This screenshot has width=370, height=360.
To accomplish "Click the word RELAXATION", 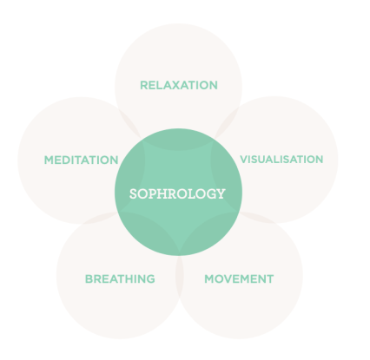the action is (x=179, y=85).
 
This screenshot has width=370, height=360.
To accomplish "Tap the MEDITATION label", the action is (x=81, y=160).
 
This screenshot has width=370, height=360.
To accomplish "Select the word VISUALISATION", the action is (x=281, y=160).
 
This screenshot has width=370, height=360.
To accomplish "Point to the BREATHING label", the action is (x=120, y=279).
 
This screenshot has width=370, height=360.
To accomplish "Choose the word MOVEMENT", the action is (x=239, y=279).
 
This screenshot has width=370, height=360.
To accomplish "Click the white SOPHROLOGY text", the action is (x=177, y=193).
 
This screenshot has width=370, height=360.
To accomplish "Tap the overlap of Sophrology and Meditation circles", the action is (x=130, y=180).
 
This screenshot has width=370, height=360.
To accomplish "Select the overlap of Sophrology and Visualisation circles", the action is (x=226, y=180).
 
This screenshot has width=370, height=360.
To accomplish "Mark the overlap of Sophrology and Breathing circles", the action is (x=150, y=232).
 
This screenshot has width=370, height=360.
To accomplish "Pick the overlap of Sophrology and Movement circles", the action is (x=207, y=232).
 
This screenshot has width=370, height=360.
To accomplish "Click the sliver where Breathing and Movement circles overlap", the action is (x=180, y=278).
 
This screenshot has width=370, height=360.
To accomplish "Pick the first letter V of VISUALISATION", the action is (x=244, y=160).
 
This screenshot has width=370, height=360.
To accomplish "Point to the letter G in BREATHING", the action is (x=150, y=279).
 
